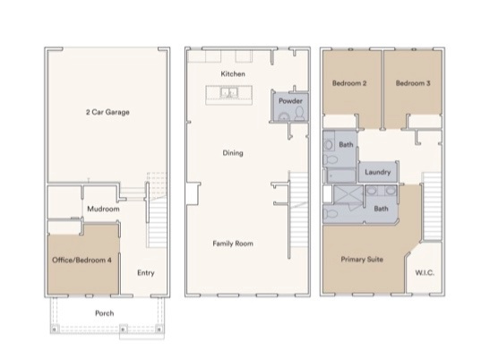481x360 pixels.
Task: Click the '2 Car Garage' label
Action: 107,112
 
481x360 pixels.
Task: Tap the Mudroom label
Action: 99,209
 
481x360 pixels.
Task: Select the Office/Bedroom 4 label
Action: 83,260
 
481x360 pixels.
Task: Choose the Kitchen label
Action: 233,73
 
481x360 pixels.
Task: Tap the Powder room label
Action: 290,101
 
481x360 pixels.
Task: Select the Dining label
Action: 233,153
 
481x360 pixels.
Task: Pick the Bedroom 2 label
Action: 349,83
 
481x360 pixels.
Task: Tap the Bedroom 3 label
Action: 413,83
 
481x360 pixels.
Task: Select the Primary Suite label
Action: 363,259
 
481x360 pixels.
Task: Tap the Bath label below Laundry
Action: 381,209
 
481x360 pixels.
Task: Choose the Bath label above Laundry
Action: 346,144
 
